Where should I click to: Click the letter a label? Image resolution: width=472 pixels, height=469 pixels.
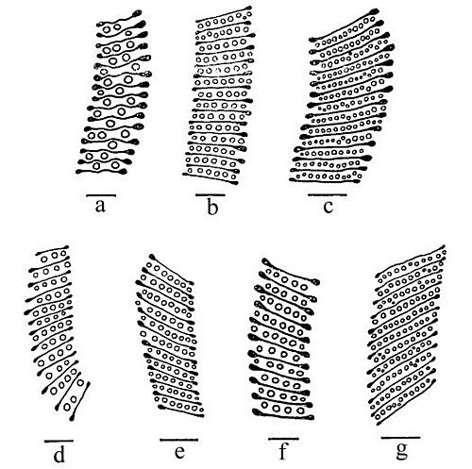click(100, 206)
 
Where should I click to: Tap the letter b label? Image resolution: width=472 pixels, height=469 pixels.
click(212, 207)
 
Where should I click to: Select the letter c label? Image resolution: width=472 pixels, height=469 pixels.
click(329, 207)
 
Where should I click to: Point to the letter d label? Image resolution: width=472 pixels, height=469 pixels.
click(59, 453)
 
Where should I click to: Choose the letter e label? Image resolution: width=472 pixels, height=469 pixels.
click(179, 452)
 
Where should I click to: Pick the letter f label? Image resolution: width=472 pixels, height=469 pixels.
click(283, 451)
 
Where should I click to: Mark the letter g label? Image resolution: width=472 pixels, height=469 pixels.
click(402, 452)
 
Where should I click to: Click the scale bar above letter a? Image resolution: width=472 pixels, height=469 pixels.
click(101, 195)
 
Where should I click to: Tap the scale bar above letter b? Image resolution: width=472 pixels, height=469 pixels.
click(211, 194)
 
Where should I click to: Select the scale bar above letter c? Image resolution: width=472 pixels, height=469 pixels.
click(328, 194)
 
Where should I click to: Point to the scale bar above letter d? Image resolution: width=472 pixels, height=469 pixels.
click(59, 441)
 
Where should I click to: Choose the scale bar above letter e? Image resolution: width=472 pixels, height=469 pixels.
click(179, 440)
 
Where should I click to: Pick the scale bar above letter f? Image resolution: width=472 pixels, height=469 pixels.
click(283, 438)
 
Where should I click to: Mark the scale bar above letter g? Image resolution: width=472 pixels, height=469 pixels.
click(400, 437)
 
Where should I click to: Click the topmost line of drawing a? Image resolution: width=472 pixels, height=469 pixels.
click(120, 19)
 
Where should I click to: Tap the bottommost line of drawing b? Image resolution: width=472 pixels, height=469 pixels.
click(211, 178)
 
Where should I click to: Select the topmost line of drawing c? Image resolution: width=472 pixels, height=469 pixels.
click(343, 26)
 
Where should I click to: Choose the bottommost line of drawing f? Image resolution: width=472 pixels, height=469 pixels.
click(283, 414)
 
